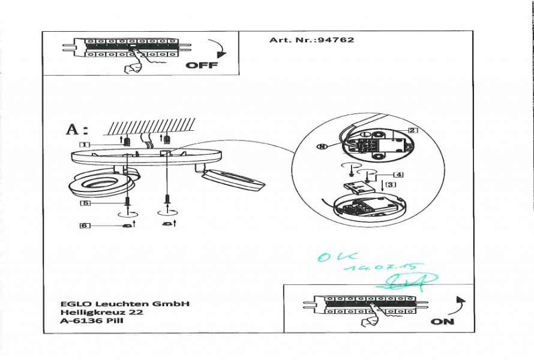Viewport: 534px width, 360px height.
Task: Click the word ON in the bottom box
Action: coord(442,322)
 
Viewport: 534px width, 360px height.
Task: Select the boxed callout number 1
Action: coord(85,145)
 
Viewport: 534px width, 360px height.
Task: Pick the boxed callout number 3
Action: coord(391,185)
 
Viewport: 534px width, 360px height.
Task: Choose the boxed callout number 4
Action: coord(398,175)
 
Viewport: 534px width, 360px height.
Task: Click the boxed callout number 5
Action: coord(85,203)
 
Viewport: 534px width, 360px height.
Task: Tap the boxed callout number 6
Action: coord(85,226)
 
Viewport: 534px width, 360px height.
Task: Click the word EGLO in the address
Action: coord(73,304)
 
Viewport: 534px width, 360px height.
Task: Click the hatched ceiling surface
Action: coord(150,127)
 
